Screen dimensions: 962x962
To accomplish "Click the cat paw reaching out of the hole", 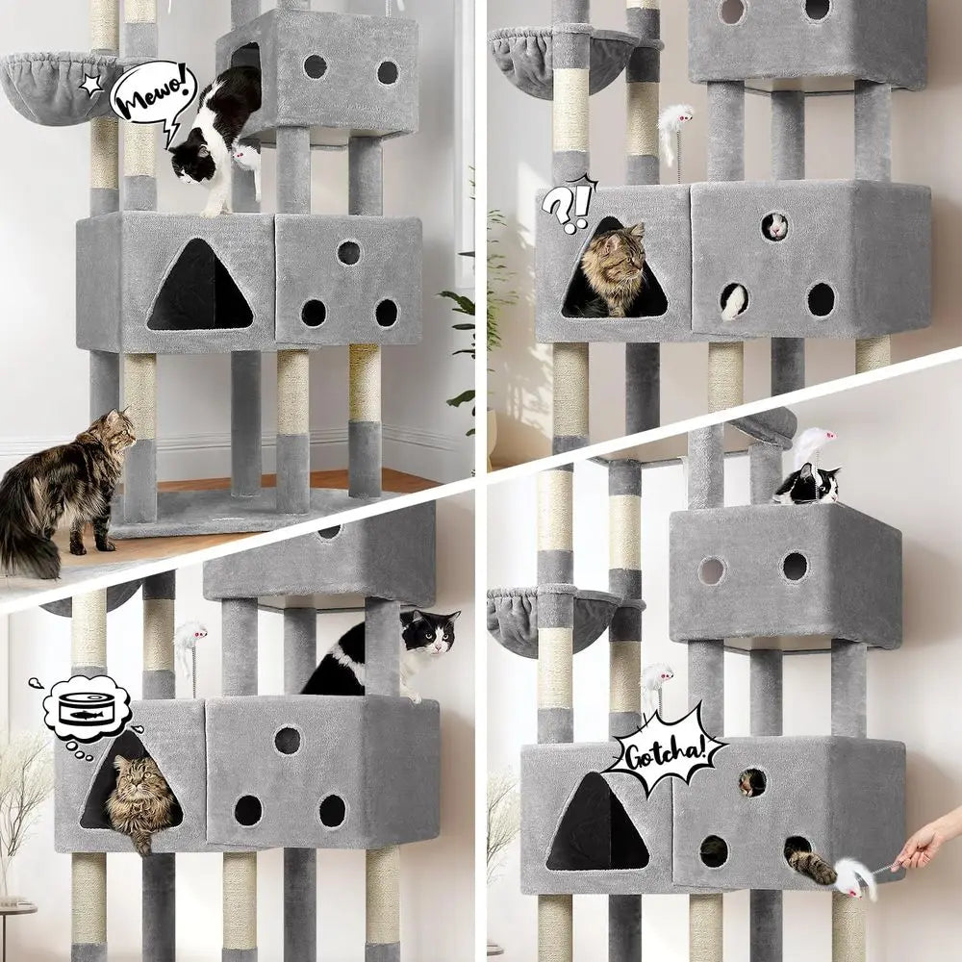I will (814, 867).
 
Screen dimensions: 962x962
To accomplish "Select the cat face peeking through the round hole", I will (750, 782).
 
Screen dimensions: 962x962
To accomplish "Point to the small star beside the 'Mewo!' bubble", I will (91, 85).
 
